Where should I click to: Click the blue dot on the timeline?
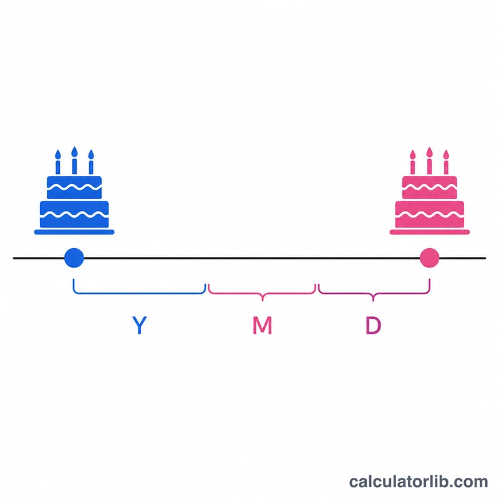pyautogui.click(x=74, y=258)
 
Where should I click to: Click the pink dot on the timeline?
pyautogui.click(x=429, y=258)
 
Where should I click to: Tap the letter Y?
pyautogui.click(x=139, y=325)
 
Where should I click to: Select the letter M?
pyautogui.click(x=262, y=325)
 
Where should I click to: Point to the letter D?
pyautogui.click(x=373, y=325)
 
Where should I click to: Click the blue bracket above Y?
pyautogui.click(x=139, y=293)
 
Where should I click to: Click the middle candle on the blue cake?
pyautogui.click(x=74, y=160)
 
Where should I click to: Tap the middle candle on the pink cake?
pyautogui.click(x=429, y=161)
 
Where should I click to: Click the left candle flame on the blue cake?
pyautogui.click(x=57, y=154)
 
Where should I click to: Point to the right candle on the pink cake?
pyautogui.click(x=446, y=162)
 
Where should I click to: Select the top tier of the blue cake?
pyautogui.click(x=74, y=188)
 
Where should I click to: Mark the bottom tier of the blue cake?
pyautogui.click(x=74, y=214)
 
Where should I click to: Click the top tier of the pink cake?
pyautogui.click(x=429, y=188)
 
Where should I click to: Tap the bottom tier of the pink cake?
pyautogui.click(x=429, y=214)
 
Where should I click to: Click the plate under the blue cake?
pyautogui.click(x=74, y=232)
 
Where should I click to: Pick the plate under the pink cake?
pyautogui.click(x=430, y=232)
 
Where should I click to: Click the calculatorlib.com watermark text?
pyautogui.click(x=419, y=482)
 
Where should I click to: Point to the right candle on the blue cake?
pyautogui.click(x=91, y=162)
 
